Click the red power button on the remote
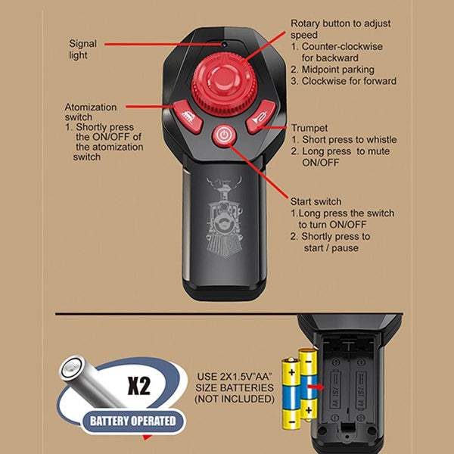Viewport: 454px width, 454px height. tap(224, 135)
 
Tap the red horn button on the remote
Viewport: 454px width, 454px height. tap(260, 117)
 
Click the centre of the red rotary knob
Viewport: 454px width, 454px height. tap(224, 84)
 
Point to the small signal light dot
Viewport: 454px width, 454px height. tap(224, 45)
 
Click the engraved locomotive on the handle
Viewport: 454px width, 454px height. tap(225, 216)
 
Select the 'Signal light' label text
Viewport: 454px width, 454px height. tap(82, 49)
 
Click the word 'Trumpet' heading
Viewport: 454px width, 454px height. tap(309, 128)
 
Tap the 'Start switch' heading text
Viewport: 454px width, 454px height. tap(316, 201)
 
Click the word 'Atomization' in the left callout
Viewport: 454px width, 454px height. tap(90, 107)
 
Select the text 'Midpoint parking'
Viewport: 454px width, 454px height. tap(338, 70)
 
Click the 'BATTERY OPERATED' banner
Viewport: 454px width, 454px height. tap(133, 421)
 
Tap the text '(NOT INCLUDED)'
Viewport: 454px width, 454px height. tap(235, 399)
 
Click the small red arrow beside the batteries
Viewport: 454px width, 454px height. tap(316, 387)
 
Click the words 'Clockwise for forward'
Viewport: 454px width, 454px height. tap(349, 81)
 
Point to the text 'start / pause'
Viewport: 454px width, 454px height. tap(331, 248)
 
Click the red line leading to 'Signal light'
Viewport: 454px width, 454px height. tap(163, 45)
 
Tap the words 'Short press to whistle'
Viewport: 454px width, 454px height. tap(350, 139)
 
